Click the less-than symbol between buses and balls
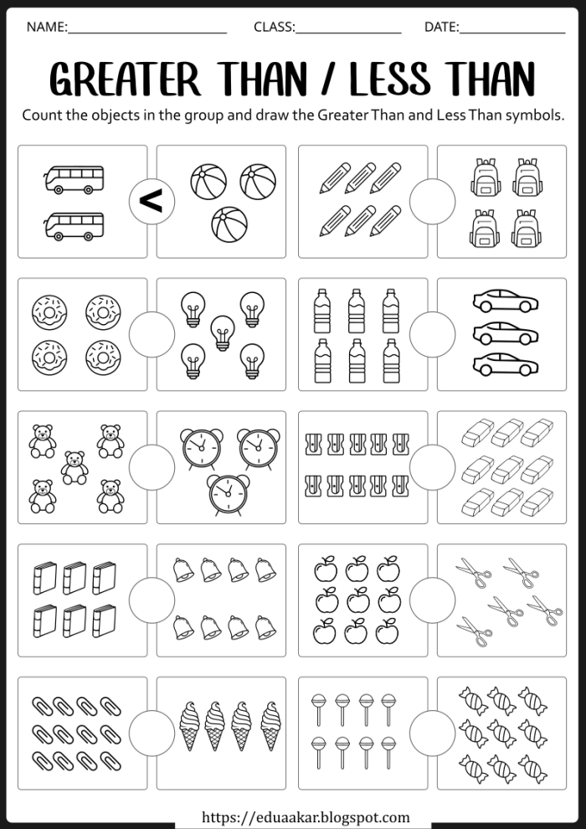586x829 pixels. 152,201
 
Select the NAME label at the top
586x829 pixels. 47,27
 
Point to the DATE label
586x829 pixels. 441,27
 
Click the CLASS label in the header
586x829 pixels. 275,27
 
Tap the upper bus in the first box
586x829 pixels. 75,178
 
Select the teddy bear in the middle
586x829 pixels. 75,467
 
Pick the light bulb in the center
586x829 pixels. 222,332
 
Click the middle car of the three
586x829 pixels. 504,333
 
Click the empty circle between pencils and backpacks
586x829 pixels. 432,201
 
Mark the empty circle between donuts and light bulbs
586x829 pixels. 152,334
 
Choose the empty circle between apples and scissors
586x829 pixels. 432,600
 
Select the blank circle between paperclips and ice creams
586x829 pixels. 152,733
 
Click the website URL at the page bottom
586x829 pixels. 306,817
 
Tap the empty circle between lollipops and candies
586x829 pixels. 432,733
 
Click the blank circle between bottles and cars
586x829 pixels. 432,334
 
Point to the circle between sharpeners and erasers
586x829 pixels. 432,466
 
